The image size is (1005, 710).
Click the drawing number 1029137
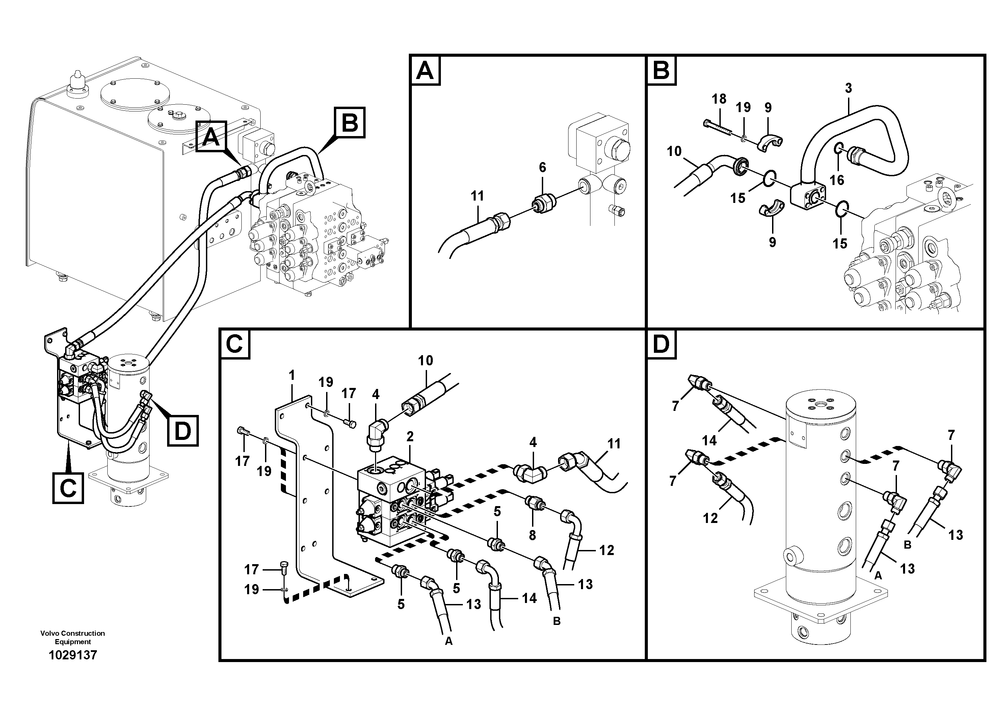pos(73,655)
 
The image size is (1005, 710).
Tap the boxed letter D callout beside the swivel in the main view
pos(183,431)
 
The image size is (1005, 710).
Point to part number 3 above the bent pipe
pos(848,88)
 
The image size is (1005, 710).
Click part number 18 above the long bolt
pos(719,99)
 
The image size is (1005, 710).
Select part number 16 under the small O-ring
pos(837,180)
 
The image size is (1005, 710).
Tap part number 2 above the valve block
pos(410,437)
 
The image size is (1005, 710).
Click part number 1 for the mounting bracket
pos(292,375)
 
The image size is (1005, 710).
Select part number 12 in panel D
pos(710,518)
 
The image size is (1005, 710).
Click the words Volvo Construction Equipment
pos(73,637)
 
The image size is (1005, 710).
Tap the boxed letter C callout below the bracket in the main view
pos(68,488)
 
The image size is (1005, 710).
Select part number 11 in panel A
pos(477,196)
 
